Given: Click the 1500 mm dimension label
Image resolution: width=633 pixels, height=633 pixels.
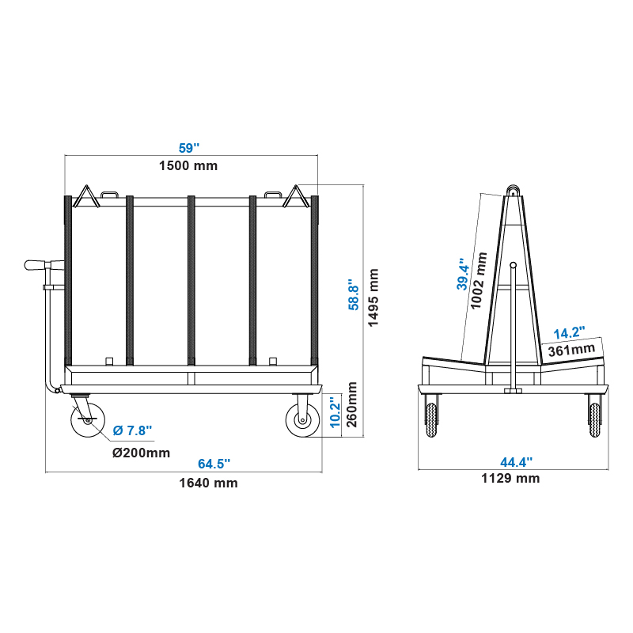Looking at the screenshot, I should pos(188,165).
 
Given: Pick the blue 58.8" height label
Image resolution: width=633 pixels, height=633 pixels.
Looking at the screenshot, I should pos(354,294).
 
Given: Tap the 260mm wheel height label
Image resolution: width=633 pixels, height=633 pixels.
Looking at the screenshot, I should pos(353,404).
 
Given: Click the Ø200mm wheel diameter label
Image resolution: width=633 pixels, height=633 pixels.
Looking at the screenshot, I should pos(141,453).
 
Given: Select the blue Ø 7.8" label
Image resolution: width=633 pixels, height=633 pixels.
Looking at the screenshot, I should pos(132,430).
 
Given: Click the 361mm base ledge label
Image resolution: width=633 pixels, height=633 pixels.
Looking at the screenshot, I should pos(572,348).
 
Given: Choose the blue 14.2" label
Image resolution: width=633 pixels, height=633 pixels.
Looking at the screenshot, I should pos(569,333).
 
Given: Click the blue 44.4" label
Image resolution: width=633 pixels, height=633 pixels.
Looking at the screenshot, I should pos(515,461).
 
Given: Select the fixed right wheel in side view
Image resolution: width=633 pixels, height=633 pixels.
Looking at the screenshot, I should pos(302,420).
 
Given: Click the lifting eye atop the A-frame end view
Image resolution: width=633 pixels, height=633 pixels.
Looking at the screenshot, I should pos(514,191).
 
